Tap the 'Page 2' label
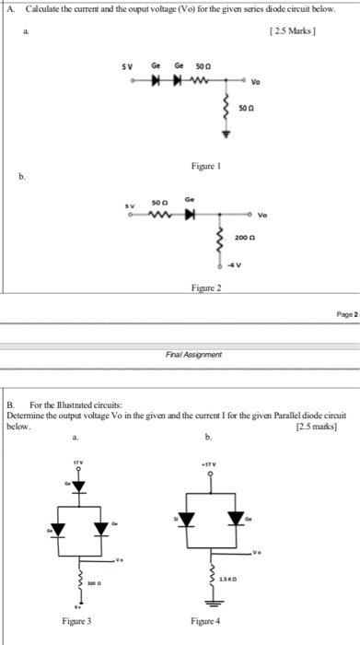click(x=343, y=314)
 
